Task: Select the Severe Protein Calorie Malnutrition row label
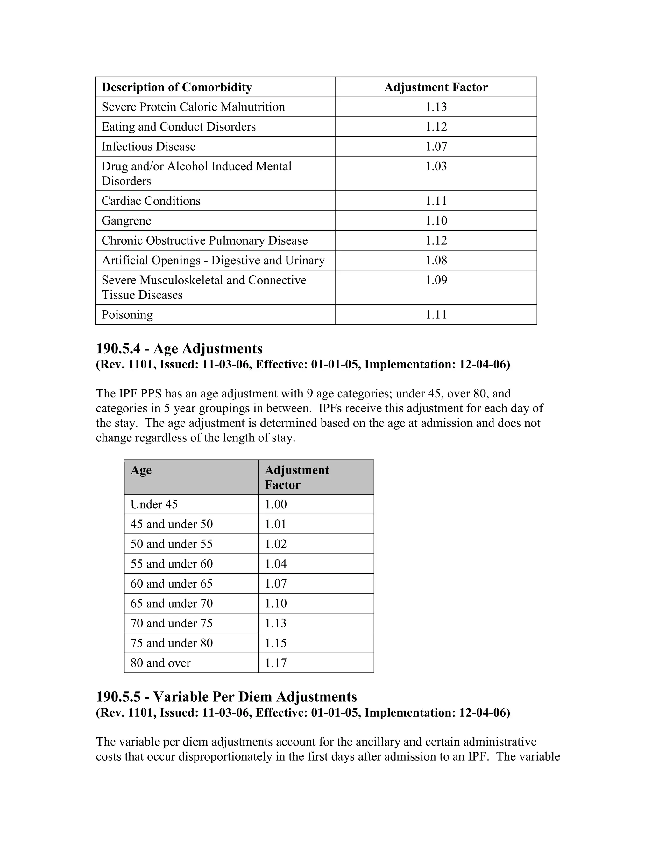pos(193,107)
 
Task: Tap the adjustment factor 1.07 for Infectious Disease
pos(436,147)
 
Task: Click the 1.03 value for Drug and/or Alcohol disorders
pos(436,167)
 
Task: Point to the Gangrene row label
pos(126,221)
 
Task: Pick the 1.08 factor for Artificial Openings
pos(436,260)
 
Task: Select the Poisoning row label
pos(127,315)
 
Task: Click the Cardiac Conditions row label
pos(151,201)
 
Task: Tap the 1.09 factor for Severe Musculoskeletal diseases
pos(436,280)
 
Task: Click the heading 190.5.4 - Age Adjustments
pos(179,348)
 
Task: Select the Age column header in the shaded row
pos(141,470)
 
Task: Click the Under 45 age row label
pos(154,504)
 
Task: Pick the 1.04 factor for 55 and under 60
pos(276,564)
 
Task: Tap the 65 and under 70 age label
pos(172,603)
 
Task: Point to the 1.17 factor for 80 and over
pos(276,663)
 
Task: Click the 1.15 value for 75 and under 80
pos(276,643)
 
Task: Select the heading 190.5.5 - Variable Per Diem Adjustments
pos(226,697)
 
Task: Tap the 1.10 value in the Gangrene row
pos(436,221)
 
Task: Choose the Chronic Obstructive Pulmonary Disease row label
pos(204,240)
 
